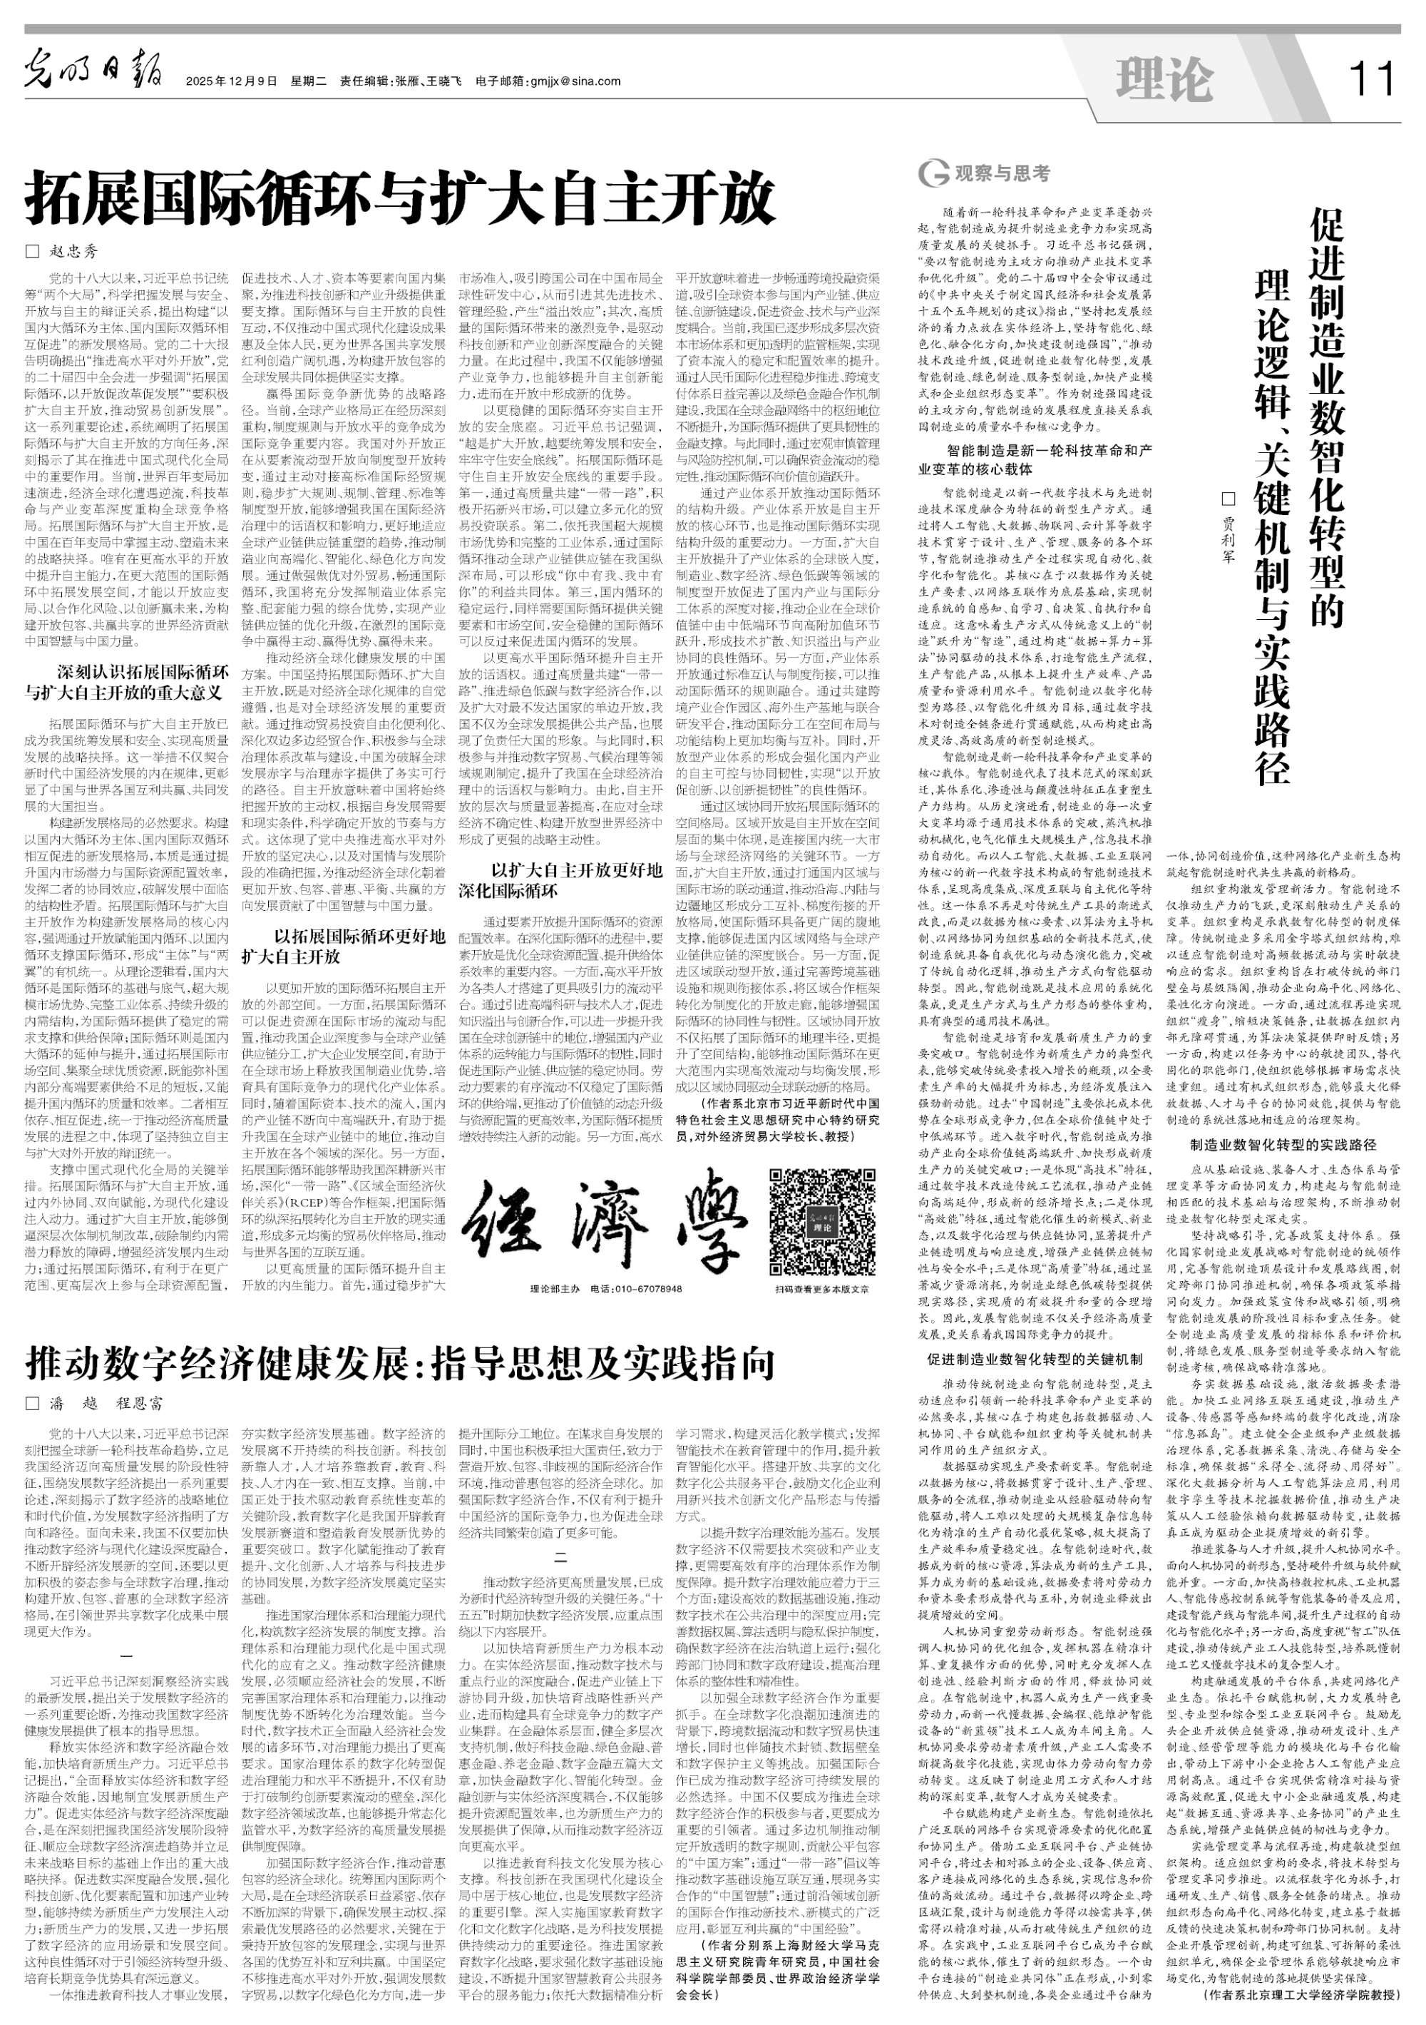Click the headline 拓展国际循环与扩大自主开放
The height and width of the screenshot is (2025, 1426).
point(401,200)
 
